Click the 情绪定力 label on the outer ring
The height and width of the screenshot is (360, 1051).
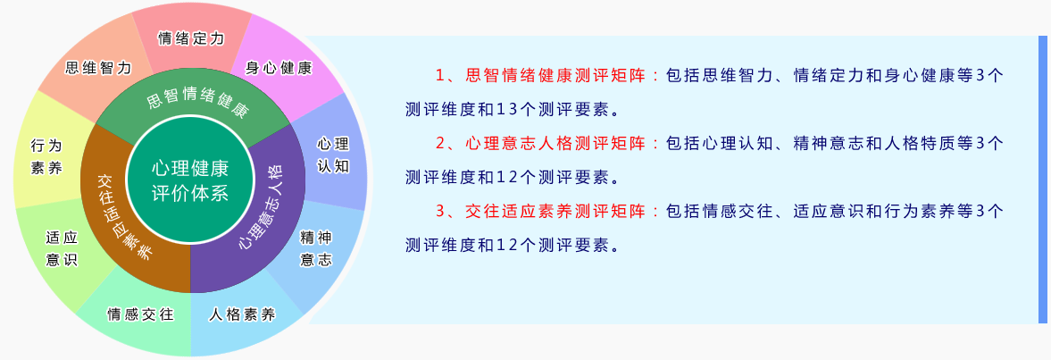(x=191, y=38)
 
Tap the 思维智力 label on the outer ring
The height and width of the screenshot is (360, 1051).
(x=98, y=68)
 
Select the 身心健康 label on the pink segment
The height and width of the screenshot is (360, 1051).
(x=279, y=68)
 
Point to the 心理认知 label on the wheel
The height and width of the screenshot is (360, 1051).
(x=333, y=155)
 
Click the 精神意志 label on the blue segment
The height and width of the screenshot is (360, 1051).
(x=316, y=248)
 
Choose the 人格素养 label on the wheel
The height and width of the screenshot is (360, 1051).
(x=242, y=315)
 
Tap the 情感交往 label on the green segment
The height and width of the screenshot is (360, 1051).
(x=141, y=315)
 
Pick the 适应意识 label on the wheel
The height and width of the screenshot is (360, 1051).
(x=62, y=248)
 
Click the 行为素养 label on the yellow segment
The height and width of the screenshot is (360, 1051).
(x=46, y=156)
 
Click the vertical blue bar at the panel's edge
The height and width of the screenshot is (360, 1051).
(x=1042, y=179)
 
